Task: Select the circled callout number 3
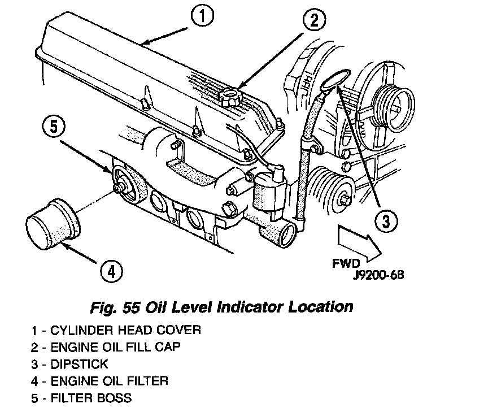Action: click(x=385, y=221)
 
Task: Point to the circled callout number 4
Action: click(x=111, y=272)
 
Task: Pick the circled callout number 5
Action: click(x=52, y=126)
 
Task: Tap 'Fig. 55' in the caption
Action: click(x=116, y=307)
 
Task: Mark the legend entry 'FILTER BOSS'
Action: click(x=91, y=398)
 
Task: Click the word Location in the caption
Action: click(x=321, y=307)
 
